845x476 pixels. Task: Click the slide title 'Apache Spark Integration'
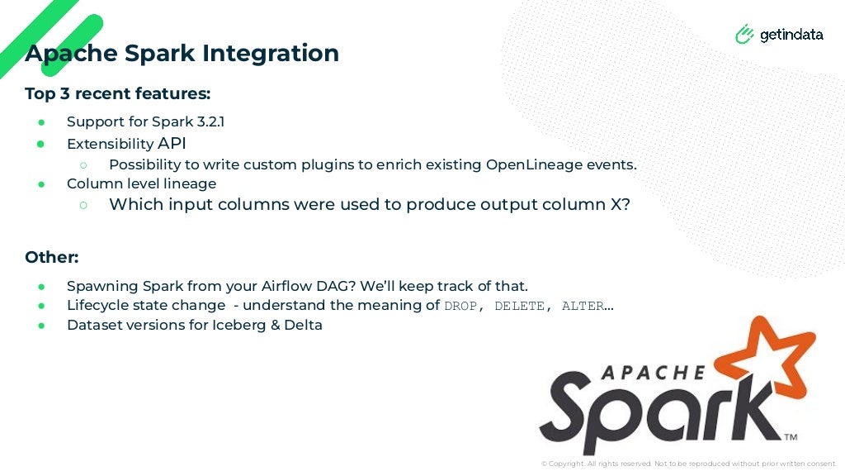point(182,53)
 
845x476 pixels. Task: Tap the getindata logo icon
point(744,34)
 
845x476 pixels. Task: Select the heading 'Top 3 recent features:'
point(117,93)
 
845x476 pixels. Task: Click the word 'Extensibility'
point(110,144)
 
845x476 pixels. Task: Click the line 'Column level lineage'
point(141,183)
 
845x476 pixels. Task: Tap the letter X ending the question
point(616,204)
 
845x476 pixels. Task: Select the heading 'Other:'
point(51,257)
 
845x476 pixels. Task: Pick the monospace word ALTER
point(583,306)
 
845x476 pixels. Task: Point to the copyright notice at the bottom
point(688,464)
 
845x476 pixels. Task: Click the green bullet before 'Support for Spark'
point(41,122)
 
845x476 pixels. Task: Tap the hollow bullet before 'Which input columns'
point(83,204)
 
